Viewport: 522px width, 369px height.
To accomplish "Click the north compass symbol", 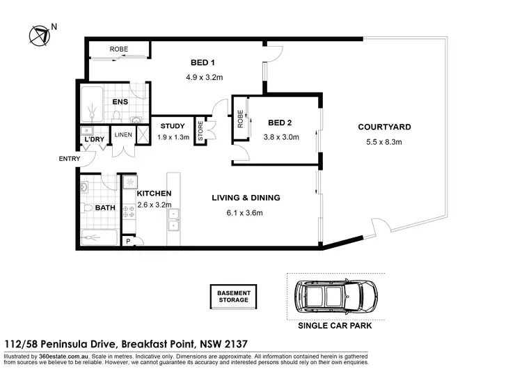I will (38, 34).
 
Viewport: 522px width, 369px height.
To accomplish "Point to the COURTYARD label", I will (384, 127).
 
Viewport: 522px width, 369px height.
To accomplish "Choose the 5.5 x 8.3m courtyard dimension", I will (384, 143).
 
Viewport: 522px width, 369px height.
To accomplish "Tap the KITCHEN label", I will (154, 193).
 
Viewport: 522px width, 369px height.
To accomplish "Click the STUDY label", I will (172, 126).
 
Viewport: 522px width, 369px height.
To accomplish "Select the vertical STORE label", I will (200, 132).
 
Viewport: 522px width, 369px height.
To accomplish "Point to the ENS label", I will (120, 102).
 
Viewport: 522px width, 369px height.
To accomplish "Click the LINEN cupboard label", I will (123, 134).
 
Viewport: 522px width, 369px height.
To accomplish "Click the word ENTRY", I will (69, 159).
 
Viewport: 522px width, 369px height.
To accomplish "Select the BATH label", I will (106, 207).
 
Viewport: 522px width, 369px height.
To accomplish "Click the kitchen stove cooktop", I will (129, 210).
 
